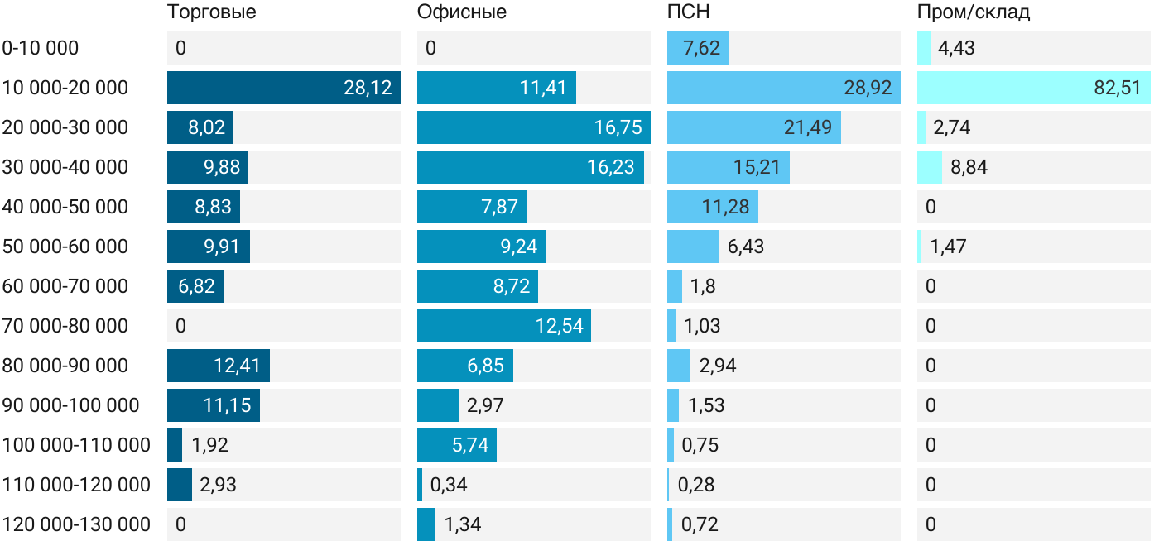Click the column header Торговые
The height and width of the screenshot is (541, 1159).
tap(212, 12)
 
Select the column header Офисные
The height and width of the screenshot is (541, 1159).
tap(462, 12)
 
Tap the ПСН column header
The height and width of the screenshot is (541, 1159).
tap(689, 12)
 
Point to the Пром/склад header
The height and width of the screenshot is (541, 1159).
tap(974, 12)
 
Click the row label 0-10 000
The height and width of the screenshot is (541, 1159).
tap(41, 48)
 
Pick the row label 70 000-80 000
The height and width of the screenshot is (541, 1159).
tap(65, 326)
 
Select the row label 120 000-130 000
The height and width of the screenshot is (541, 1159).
tap(76, 524)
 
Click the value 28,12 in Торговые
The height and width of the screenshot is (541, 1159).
tap(368, 88)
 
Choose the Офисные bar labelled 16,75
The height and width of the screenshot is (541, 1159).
tap(533, 127)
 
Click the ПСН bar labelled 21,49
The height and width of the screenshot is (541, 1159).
tap(754, 127)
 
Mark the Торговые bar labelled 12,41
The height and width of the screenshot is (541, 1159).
tap(219, 366)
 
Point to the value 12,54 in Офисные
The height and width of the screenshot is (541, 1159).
tap(560, 326)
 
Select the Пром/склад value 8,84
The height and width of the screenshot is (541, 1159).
tap(969, 167)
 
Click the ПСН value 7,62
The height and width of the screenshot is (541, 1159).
tap(701, 48)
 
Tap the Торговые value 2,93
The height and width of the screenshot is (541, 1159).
tap(218, 485)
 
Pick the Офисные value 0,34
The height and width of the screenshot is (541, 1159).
tap(449, 485)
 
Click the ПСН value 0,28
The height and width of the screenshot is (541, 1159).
tap(696, 485)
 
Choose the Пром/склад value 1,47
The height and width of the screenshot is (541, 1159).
tap(948, 247)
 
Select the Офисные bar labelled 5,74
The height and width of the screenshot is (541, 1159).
tap(457, 445)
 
